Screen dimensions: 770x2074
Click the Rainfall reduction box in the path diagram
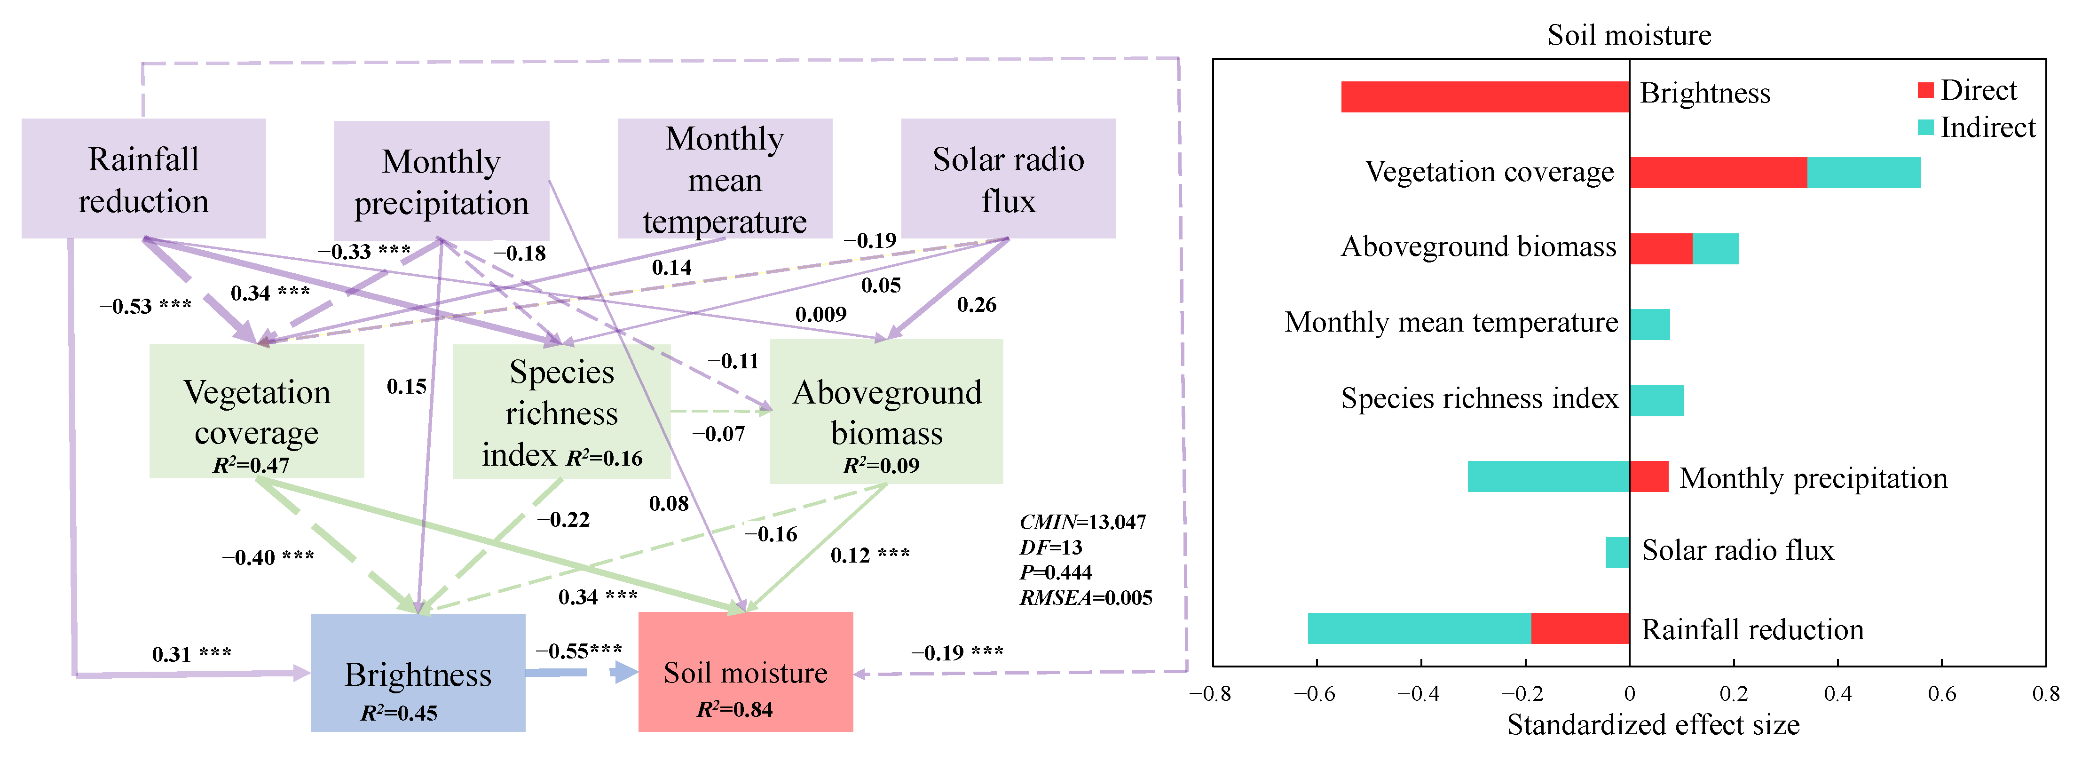pos(143,179)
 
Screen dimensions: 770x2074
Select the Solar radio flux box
pos(1008,179)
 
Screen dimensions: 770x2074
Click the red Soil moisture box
pos(746,672)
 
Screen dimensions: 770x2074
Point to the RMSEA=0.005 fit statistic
pos(1085,598)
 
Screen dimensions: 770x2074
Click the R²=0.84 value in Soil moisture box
pos(734,710)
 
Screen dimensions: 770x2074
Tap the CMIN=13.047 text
pos(1082,522)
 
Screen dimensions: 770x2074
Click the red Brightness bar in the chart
pos(1485,96)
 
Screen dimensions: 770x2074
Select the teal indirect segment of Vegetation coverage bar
pos(1864,172)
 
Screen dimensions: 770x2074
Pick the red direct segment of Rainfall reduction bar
pos(1580,628)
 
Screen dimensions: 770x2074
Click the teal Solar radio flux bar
pos(1617,553)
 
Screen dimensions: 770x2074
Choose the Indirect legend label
pos(1987,127)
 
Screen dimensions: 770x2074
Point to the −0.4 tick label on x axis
pos(1418,693)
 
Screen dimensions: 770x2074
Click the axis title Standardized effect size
pos(1653,725)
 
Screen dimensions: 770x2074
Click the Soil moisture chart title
pos(1629,35)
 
